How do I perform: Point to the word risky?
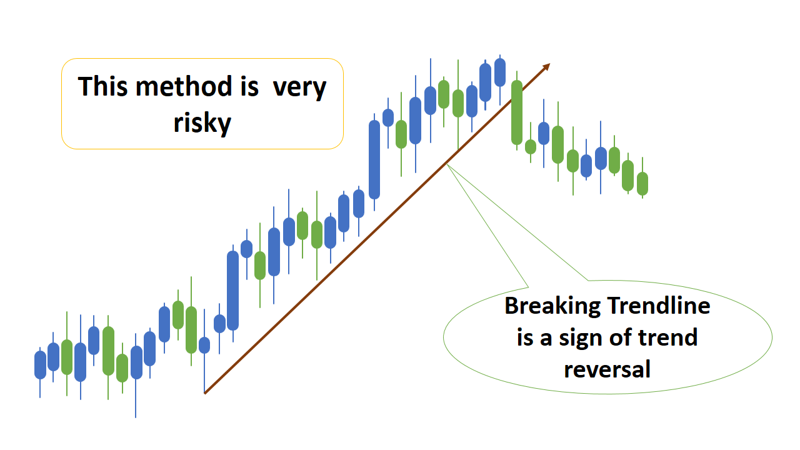(x=202, y=123)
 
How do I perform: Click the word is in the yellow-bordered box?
(x=242, y=86)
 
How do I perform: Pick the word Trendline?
(x=659, y=306)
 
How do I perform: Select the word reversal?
(x=607, y=369)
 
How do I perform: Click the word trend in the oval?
(x=667, y=338)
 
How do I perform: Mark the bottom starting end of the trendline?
(x=205, y=393)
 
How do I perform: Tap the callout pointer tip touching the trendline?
(x=447, y=164)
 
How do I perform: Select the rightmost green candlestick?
(x=642, y=183)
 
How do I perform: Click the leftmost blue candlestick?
(x=40, y=364)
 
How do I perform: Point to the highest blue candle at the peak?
(x=499, y=72)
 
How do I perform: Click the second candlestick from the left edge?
(x=53, y=356)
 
